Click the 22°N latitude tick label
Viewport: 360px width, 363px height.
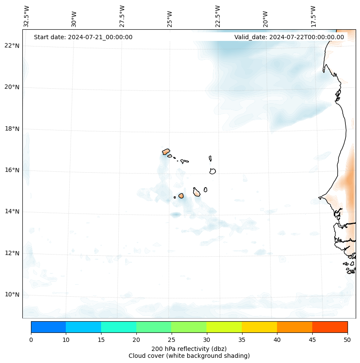[x=12, y=46]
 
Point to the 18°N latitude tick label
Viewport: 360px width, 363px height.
[x=12, y=129]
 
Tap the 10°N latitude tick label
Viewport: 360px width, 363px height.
[x=12, y=295]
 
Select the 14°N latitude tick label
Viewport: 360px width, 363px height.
[x=12, y=212]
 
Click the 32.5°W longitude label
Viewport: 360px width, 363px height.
[x=27, y=16]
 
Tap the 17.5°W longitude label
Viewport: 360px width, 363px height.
[x=313, y=16]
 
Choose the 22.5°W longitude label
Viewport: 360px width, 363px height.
[x=218, y=16]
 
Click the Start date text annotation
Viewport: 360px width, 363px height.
[x=83, y=37]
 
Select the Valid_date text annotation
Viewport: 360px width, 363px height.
[x=289, y=37]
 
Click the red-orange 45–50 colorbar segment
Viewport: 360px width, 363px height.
[x=330, y=327]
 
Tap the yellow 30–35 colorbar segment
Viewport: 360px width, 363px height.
[x=224, y=327]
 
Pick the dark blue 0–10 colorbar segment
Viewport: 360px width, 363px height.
[x=48, y=327]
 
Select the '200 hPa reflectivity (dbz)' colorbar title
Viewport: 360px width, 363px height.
[x=189, y=348]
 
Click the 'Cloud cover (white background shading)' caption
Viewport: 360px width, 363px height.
[x=189, y=356]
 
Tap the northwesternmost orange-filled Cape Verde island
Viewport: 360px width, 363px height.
[x=166, y=152]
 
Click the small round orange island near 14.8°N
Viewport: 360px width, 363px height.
[x=181, y=196]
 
